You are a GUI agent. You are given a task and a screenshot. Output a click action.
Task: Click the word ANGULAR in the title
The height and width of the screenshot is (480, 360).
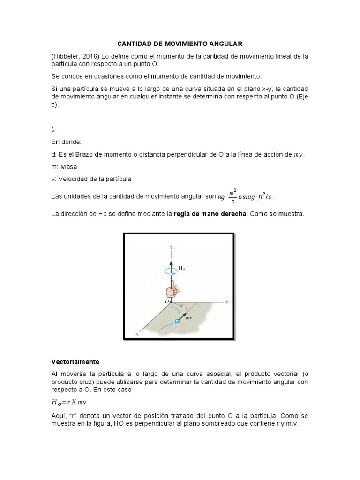[x=224, y=44]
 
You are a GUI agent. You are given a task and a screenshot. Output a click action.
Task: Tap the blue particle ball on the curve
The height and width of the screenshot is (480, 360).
[x=177, y=322]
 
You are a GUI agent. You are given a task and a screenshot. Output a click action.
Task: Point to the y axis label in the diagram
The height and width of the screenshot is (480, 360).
[x=227, y=302]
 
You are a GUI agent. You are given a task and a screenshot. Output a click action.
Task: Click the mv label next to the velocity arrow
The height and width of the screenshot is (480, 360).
[x=190, y=318]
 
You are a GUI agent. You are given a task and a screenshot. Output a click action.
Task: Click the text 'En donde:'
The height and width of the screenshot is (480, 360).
[x=66, y=142]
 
